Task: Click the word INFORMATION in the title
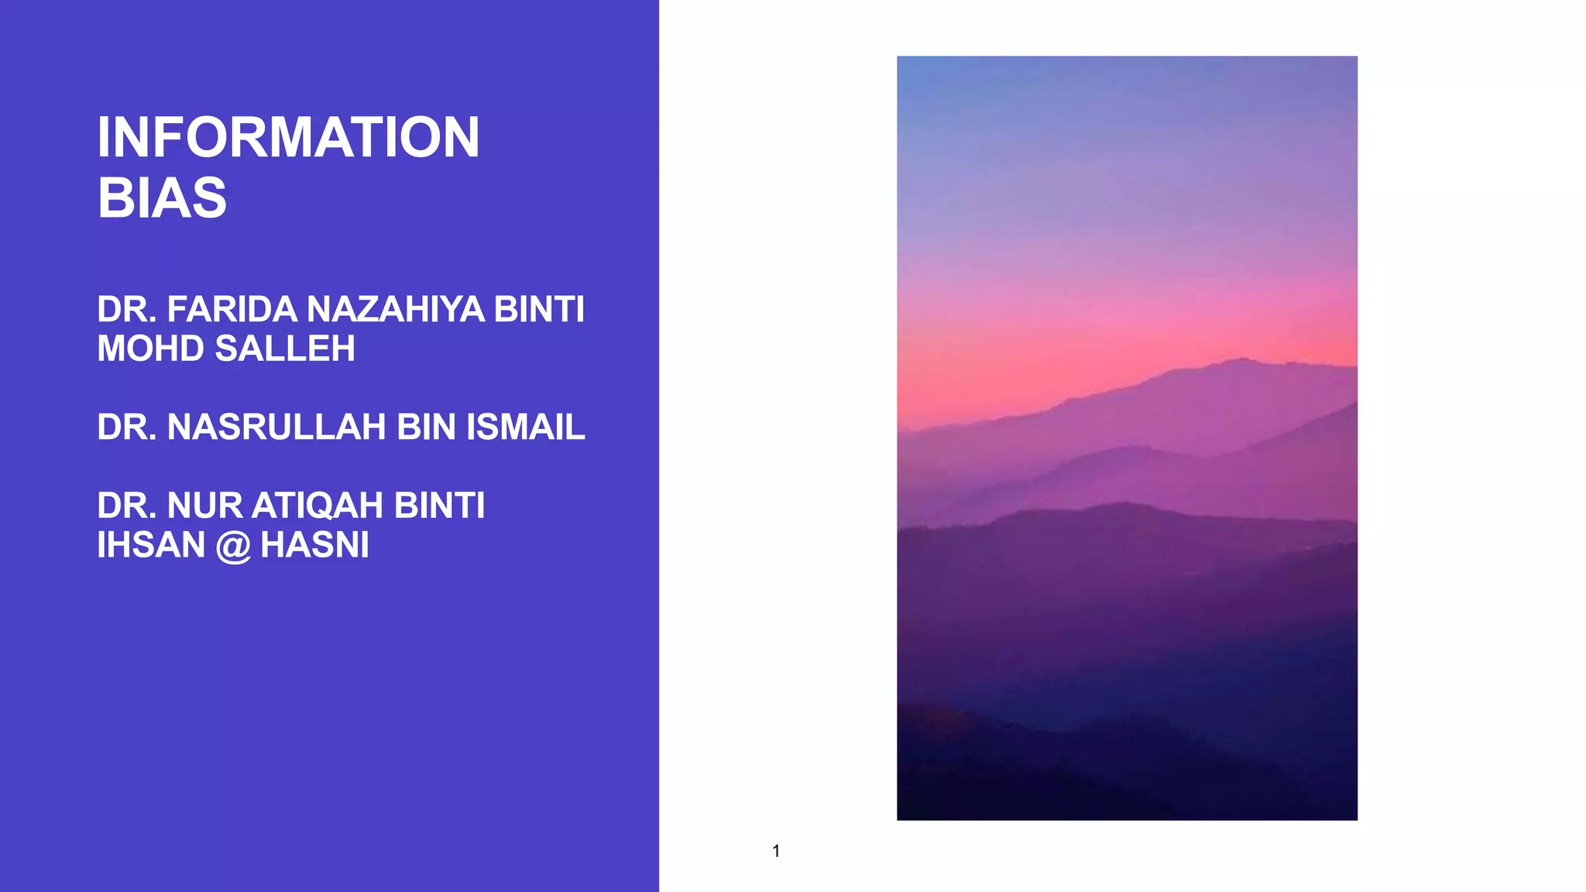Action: click(x=288, y=138)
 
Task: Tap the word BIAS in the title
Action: click(x=162, y=198)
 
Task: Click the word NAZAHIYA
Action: click(x=396, y=310)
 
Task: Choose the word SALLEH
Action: click(x=285, y=349)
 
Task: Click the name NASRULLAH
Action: click(x=276, y=427)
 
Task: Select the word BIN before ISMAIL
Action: click(x=426, y=427)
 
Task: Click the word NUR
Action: click(x=205, y=506)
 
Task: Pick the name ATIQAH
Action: click(x=318, y=506)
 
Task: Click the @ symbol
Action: click(x=233, y=547)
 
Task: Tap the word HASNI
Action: click(x=314, y=545)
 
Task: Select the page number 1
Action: click(x=776, y=851)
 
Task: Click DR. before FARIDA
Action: click(x=127, y=310)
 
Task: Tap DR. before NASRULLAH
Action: click(x=127, y=427)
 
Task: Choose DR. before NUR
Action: click(x=127, y=506)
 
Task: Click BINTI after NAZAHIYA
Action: click(x=539, y=310)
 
